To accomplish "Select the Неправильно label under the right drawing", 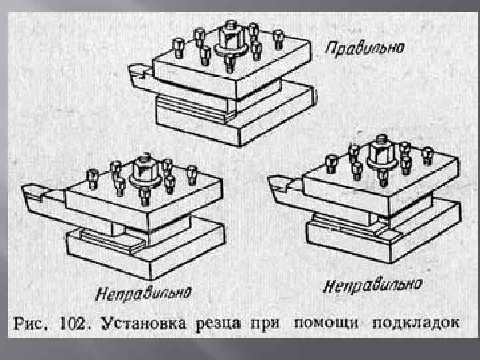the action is [x=373, y=285].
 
